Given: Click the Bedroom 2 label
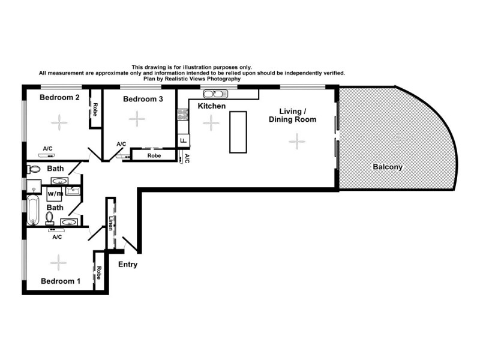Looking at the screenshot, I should (x=60, y=98).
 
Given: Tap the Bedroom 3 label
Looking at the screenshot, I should (x=143, y=100).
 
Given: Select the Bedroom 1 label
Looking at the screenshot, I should (x=61, y=281).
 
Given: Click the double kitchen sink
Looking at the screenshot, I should (x=214, y=94).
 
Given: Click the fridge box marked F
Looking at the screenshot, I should (x=183, y=141).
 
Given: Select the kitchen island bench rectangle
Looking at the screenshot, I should (x=238, y=131).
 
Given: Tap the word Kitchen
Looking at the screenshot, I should (x=211, y=106).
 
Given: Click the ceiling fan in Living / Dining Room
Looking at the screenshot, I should (x=296, y=141).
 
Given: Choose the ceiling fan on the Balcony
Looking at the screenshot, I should (x=397, y=139).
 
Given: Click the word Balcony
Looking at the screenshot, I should (x=387, y=167).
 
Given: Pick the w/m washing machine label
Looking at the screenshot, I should (x=55, y=194).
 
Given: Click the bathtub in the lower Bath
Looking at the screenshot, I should (x=33, y=210).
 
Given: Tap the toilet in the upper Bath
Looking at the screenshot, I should (x=34, y=170).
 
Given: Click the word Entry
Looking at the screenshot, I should (x=128, y=265).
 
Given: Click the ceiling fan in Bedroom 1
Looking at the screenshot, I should (x=58, y=262).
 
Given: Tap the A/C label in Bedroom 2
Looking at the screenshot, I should (x=49, y=148).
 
